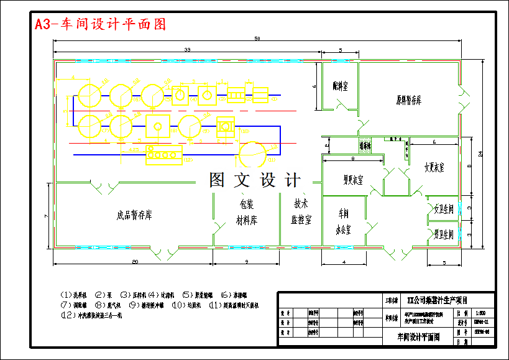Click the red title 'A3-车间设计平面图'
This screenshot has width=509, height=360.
(100, 24)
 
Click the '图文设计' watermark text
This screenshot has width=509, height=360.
(255, 180)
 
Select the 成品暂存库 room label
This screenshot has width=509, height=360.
(134, 215)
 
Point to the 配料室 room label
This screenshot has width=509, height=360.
(340, 86)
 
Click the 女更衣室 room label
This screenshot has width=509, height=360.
(434, 167)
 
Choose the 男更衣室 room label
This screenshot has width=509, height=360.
(353, 180)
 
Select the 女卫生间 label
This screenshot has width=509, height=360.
(444, 210)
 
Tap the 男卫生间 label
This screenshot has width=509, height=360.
(444, 234)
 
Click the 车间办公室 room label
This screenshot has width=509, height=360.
(344, 221)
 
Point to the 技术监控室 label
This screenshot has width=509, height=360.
(301, 211)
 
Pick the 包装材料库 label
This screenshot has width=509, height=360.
(246, 212)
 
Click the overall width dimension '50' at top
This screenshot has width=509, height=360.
(257, 39)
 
